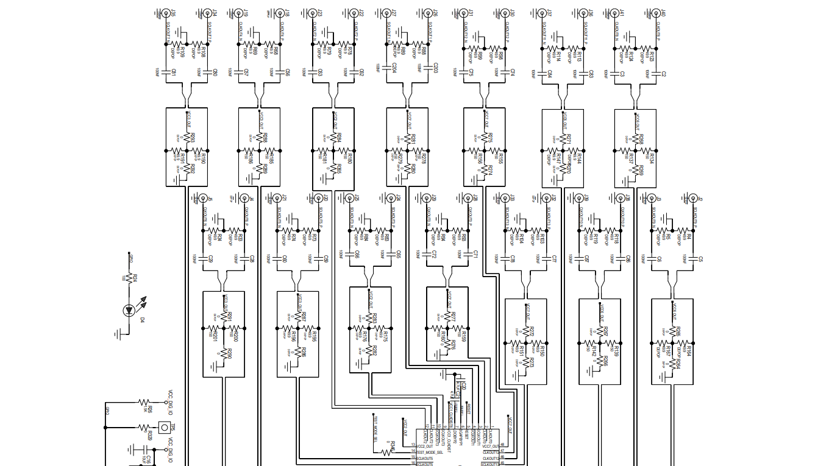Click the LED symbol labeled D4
pyautogui.click(x=129, y=310)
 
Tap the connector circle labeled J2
pyautogui.click(x=693, y=198)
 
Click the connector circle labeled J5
pyautogui.click(x=204, y=198)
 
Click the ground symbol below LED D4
pyautogui.click(x=121, y=333)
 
